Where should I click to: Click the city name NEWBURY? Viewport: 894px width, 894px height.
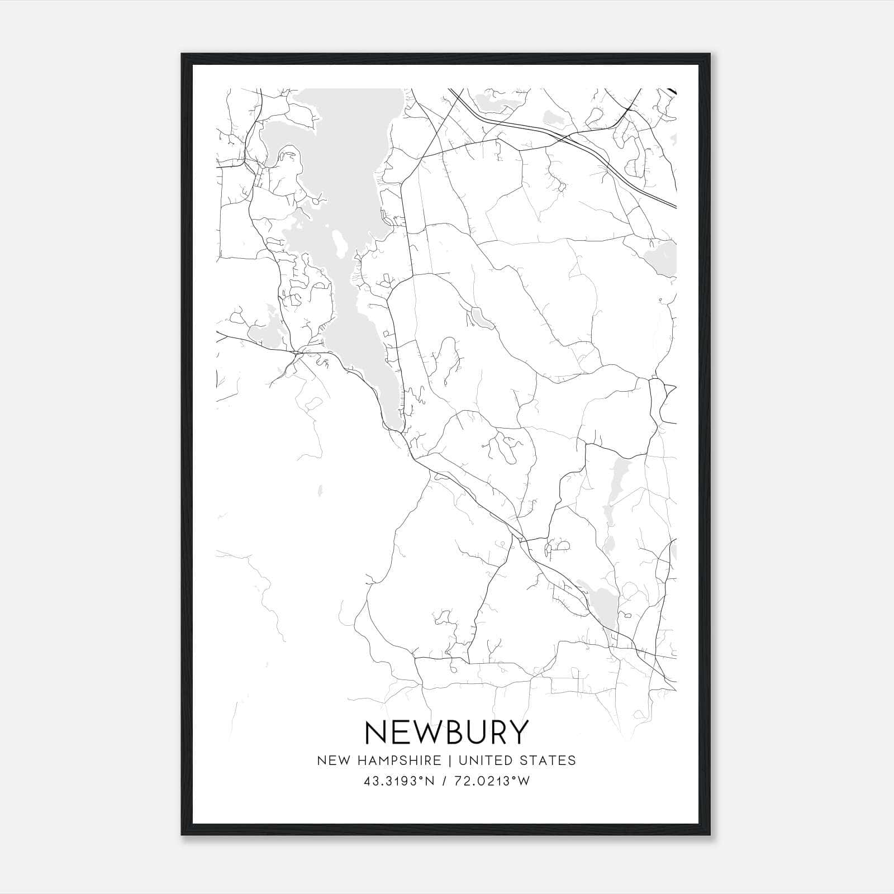tap(446, 733)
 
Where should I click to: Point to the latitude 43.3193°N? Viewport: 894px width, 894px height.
tap(399, 781)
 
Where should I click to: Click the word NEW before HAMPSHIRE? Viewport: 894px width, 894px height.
tap(333, 760)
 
